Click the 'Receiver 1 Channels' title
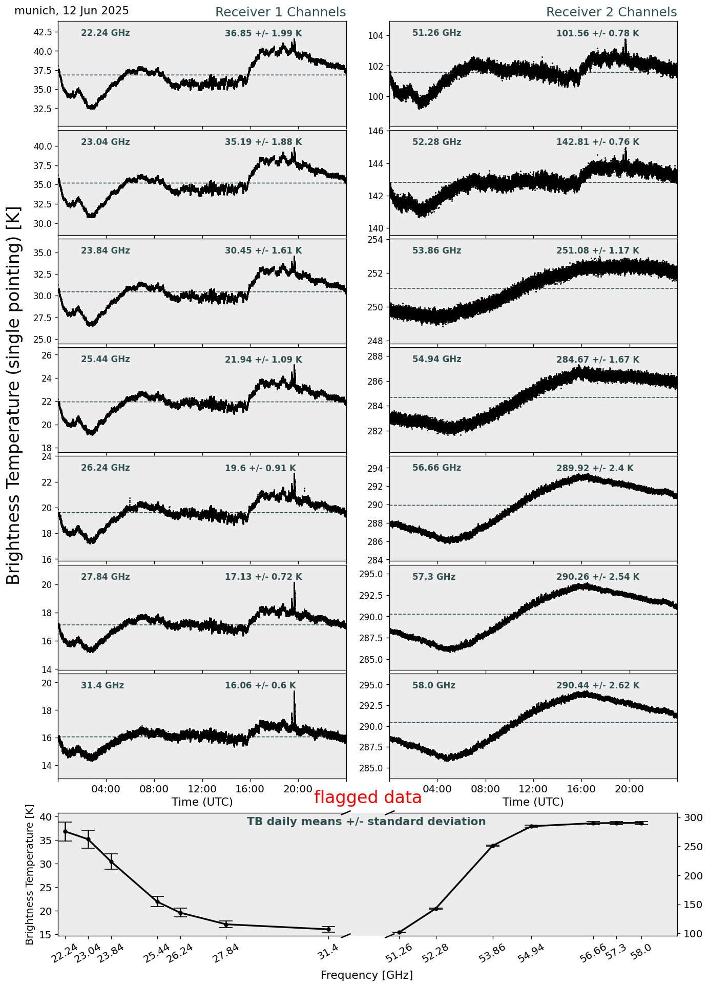tap(280, 12)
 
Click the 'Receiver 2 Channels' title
tap(611, 12)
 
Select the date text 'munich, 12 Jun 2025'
tap(72, 11)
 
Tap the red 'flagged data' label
tap(368, 797)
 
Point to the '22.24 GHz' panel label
tap(106, 33)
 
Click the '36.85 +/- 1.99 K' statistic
tap(263, 34)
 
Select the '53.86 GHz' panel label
tap(436, 251)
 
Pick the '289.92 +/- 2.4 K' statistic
tap(595, 468)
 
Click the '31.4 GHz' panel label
tap(102, 685)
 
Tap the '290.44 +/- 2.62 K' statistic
tap(598, 685)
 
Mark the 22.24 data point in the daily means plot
tap(65, 832)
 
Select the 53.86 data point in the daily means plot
tap(493, 846)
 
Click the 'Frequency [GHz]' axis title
tap(366, 975)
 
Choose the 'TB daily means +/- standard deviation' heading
tap(366, 822)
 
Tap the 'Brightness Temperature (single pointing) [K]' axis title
tap(14, 395)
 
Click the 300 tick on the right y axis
tap(690, 818)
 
